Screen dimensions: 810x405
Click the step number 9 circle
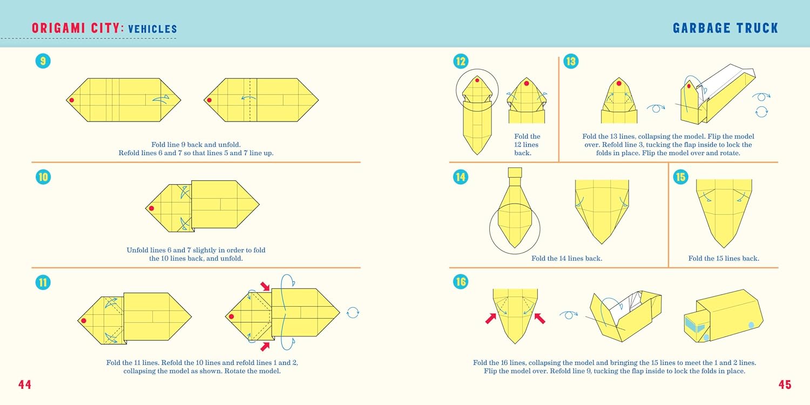pyautogui.click(x=43, y=60)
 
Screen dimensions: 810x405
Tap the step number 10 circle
pyautogui.click(x=43, y=177)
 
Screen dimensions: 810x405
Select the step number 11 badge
pyautogui.click(x=43, y=282)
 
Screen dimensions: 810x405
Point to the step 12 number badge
pyautogui.click(x=461, y=61)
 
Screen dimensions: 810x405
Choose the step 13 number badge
pyautogui.click(x=571, y=61)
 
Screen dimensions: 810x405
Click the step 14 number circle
pyautogui.click(x=460, y=177)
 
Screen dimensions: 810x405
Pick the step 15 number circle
pyautogui.click(x=680, y=177)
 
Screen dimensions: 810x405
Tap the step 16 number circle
pyautogui.click(x=460, y=281)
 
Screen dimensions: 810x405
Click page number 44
pyautogui.click(x=25, y=384)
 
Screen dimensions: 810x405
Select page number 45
pyautogui.click(x=785, y=384)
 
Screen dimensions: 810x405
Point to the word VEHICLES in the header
pyautogui.click(x=152, y=29)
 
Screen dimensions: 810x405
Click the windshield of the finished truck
pyautogui.click(x=694, y=325)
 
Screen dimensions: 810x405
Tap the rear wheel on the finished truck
pyautogui.click(x=751, y=325)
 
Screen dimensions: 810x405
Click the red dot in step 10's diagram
pyautogui.click(x=152, y=208)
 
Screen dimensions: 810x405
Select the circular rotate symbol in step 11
pyautogui.click(x=353, y=313)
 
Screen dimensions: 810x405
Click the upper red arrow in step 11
pyautogui.click(x=265, y=286)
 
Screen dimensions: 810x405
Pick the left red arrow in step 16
pyautogui.click(x=491, y=318)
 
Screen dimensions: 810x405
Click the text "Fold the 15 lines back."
pyautogui.click(x=723, y=258)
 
